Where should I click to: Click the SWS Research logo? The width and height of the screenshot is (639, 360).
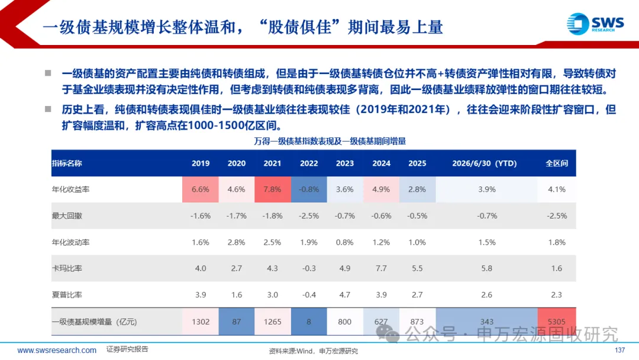pos(595,24)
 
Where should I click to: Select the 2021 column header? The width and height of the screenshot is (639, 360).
pos(272,163)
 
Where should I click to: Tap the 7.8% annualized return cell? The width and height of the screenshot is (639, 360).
pos(273,189)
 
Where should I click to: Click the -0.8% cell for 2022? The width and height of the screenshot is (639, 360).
pos(309,189)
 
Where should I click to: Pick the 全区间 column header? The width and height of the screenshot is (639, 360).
pos(557,163)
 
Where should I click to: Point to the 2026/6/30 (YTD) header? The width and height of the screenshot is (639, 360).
pos(485,163)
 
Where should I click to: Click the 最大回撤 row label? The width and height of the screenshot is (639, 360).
pos(67,216)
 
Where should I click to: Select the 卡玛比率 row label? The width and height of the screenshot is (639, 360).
pos(67,268)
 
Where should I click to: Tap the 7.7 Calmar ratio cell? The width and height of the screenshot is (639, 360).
pos(381,268)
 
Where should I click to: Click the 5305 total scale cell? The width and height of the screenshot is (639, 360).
pos(557,322)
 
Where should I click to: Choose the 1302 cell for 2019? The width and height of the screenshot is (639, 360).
pos(201,322)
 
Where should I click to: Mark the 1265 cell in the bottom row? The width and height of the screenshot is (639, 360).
pos(273,322)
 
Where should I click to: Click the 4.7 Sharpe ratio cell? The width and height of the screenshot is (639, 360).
pos(345,295)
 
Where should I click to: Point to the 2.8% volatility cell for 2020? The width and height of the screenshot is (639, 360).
pos(236,242)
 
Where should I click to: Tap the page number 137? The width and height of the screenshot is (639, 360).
pos(619,350)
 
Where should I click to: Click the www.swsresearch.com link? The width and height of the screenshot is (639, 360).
pos(57,350)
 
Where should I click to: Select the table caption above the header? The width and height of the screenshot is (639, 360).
pos(330,141)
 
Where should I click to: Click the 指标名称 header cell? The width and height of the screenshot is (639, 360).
pos(67,163)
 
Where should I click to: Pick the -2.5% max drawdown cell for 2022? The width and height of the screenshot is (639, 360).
pos(309,216)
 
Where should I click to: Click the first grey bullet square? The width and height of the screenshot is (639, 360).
pos(48,73)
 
